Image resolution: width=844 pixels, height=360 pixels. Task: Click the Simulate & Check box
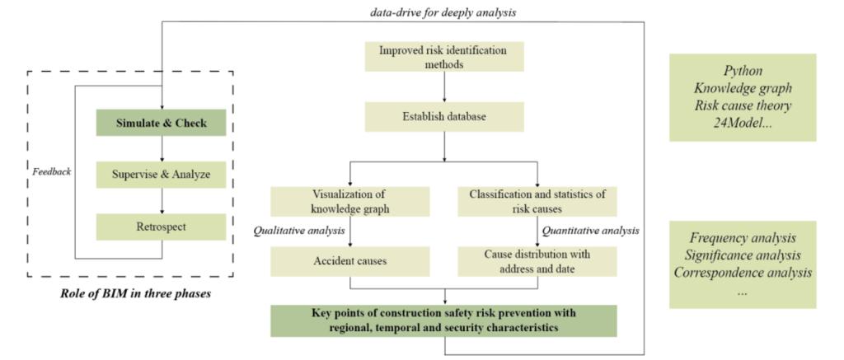coord(162,124)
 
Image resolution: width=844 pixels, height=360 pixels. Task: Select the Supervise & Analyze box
coord(162,174)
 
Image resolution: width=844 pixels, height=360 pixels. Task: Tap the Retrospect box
coord(162,225)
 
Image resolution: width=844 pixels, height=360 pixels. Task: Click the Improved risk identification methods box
coord(444,56)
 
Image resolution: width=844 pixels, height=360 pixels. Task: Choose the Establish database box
coord(444,116)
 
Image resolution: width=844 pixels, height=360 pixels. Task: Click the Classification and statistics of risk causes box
coord(537,202)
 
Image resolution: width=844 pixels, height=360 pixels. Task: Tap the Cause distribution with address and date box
coord(537,262)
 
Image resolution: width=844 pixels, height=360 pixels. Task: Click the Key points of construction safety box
coord(444,320)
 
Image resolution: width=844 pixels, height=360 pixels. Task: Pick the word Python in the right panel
coord(743,72)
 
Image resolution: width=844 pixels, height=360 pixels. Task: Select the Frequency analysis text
coord(743,238)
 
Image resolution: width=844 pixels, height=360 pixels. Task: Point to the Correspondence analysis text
coord(743,272)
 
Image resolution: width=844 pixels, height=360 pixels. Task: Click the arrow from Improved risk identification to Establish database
coord(444,86)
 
